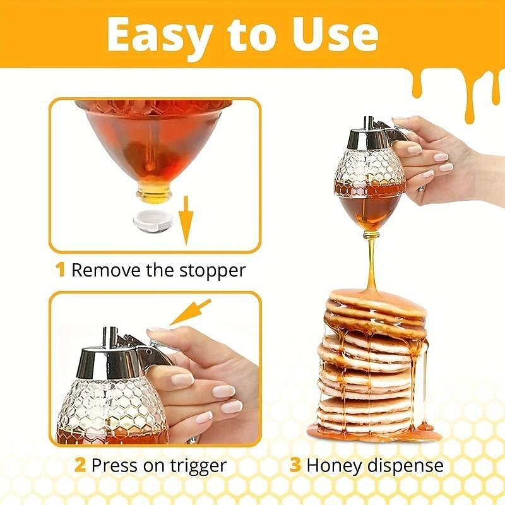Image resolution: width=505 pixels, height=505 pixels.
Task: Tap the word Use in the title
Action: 331,36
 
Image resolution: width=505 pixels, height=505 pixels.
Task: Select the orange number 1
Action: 61,270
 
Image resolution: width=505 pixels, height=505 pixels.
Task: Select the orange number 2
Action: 80,466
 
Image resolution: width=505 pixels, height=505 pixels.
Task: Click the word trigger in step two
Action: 193,466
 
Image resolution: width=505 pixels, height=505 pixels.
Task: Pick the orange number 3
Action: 295,466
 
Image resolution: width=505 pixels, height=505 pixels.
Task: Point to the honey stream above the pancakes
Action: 371,265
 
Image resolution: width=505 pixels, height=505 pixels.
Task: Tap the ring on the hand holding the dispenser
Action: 420,187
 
